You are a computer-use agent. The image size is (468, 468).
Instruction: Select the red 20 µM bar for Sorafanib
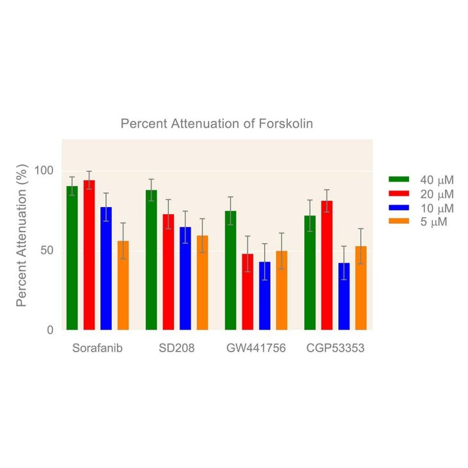coord(89,255)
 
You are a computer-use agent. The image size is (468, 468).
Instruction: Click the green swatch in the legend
coord(399,180)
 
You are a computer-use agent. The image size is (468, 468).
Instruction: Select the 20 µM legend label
coord(437,194)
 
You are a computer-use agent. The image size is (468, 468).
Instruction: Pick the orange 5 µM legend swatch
coord(399,222)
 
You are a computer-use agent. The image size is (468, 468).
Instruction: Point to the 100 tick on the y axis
coord(44,171)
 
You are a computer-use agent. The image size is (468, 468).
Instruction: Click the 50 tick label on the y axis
coord(47,250)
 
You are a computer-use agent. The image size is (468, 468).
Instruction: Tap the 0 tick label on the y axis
coord(49,330)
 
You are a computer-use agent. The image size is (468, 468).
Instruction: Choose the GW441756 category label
coord(256,349)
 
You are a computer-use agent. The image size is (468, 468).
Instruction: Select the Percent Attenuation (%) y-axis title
coord(22,235)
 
